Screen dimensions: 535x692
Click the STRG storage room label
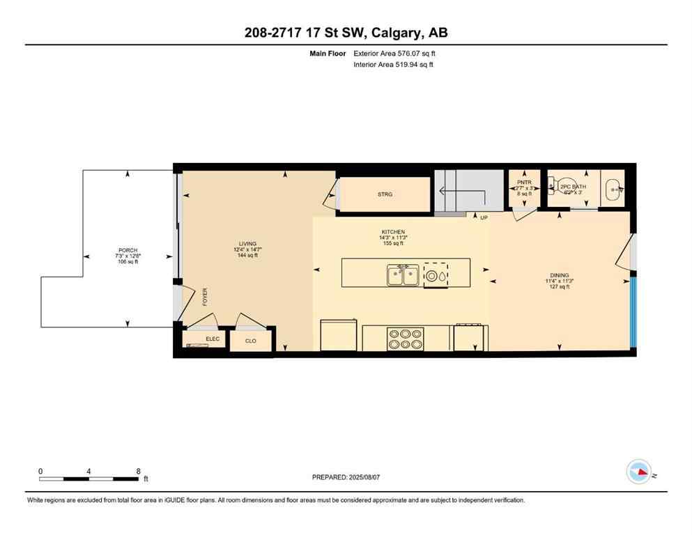(385, 194)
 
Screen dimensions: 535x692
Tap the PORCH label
(128, 250)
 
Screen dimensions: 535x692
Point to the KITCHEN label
(393, 232)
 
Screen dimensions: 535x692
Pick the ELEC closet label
(213, 339)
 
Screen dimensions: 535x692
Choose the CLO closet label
(251, 341)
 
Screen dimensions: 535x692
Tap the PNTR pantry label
(523, 183)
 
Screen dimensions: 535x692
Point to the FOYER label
(205, 297)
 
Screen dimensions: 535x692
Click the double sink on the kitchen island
(403, 275)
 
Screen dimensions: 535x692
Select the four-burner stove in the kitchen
(405, 339)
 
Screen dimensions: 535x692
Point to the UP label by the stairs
(484, 218)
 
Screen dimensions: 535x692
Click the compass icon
(638, 472)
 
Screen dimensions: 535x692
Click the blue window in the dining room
(633, 311)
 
